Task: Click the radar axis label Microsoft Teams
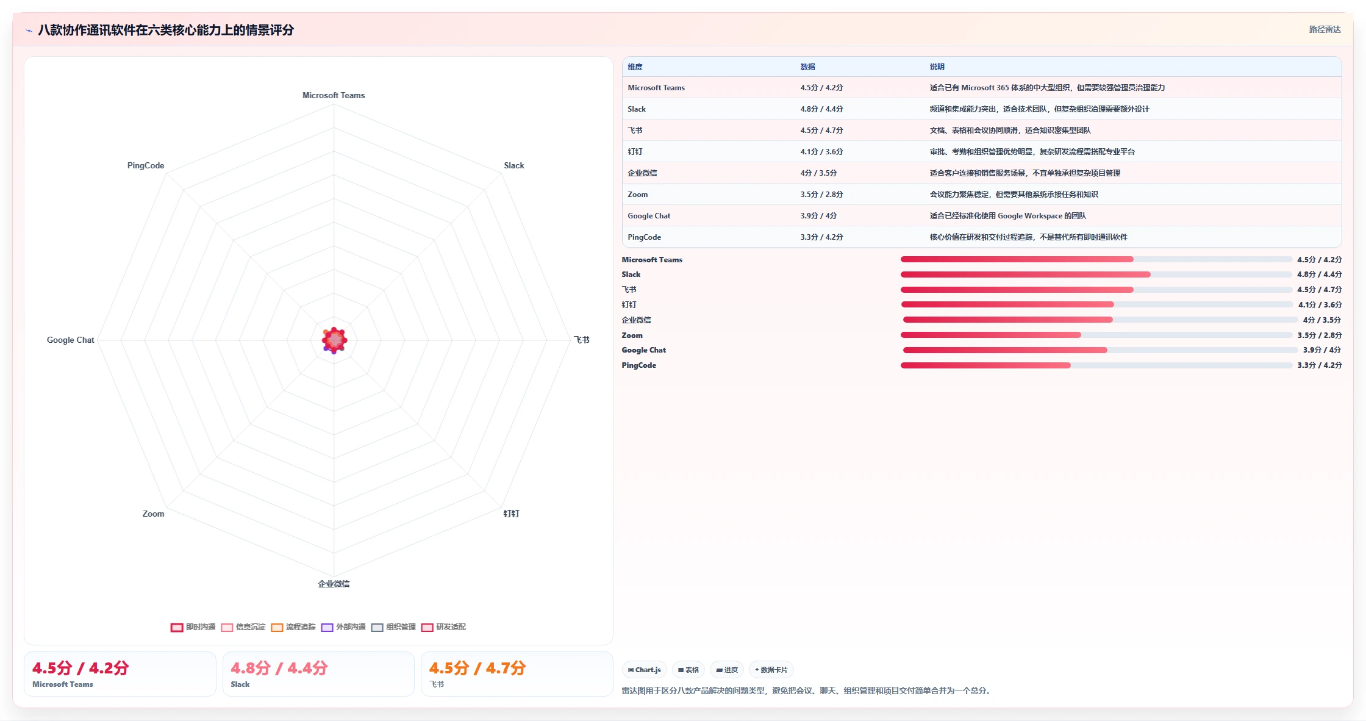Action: coord(334,95)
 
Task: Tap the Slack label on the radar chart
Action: coord(514,165)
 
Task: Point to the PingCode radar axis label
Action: coord(146,165)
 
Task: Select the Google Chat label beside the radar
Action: coord(71,340)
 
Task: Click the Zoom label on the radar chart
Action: coord(153,514)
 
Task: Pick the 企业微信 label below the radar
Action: coord(334,584)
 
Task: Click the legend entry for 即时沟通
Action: coord(193,627)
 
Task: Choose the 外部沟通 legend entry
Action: coord(343,627)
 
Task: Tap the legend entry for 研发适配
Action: coord(443,627)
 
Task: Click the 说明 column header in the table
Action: coord(937,67)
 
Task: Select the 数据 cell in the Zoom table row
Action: coord(821,195)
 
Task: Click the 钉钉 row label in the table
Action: coord(635,152)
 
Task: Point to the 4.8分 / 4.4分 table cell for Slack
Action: coord(821,109)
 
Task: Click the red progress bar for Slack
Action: coord(1026,274)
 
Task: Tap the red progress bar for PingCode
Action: coord(985,365)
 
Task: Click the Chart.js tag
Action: coord(645,670)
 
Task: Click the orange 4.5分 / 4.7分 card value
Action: coord(477,669)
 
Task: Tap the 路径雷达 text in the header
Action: coord(1325,29)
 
